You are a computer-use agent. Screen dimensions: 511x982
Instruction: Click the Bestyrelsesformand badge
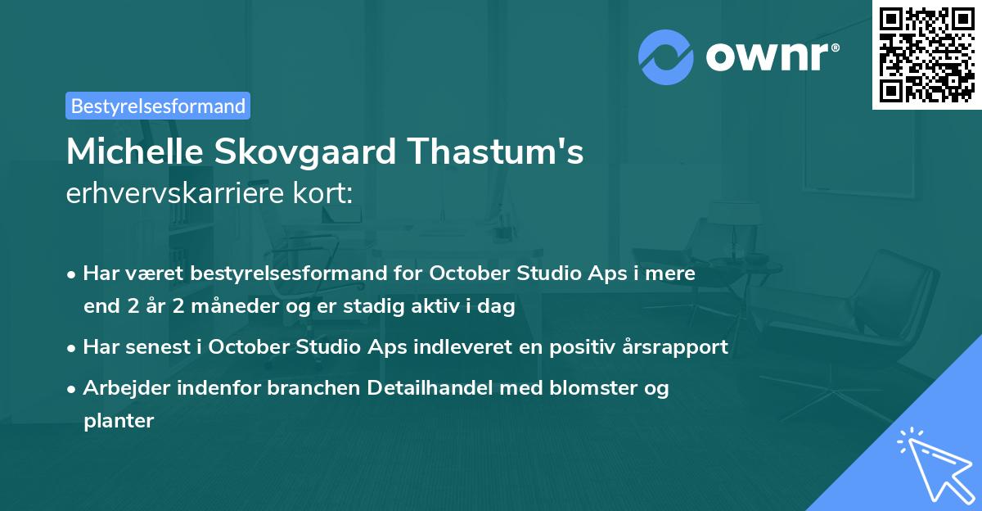(x=158, y=106)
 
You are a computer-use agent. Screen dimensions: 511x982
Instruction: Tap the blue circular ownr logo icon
(x=666, y=57)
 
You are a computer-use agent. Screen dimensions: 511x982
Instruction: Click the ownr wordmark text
(x=770, y=57)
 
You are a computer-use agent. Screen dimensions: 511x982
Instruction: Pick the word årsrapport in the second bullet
(x=679, y=346)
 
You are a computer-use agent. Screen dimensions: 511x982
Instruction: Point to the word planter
(x=118, y=421)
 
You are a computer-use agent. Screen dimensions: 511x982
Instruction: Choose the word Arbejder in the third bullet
(x=120, y=387)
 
